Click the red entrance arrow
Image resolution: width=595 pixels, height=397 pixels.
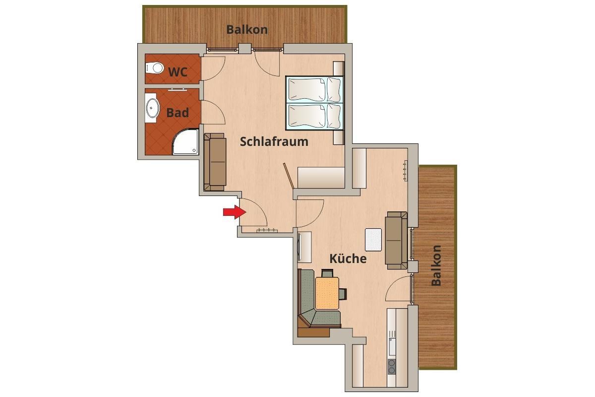pos(235,212)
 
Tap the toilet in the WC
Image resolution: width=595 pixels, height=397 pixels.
pos(154,68)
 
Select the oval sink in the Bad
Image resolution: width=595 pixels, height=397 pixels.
pos(153,108)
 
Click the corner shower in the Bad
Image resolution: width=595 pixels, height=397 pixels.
pos(186,142)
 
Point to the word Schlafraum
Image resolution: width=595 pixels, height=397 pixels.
pos(274,142)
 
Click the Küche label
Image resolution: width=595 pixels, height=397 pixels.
pos(348,259)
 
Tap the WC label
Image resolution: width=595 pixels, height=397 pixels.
pos(178,72)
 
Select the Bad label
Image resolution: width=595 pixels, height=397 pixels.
pos(178,113)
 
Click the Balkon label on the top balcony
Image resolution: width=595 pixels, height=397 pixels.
pos(247,29)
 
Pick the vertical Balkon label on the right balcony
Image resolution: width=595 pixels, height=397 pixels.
pos(436,265)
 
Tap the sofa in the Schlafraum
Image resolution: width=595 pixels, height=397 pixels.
pos(215,162)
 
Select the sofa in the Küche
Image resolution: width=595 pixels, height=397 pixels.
pos(396,240)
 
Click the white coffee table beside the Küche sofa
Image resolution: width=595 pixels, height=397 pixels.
pos(373,240)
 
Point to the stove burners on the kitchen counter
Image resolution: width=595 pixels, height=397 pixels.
pos(392,367)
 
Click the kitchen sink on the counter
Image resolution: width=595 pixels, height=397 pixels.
pos(392,347)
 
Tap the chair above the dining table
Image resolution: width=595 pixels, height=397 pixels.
pos(327,273)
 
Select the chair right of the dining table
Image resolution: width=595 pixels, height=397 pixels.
pos(343,294)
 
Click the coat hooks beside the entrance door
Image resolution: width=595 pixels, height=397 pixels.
pos(267,230)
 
